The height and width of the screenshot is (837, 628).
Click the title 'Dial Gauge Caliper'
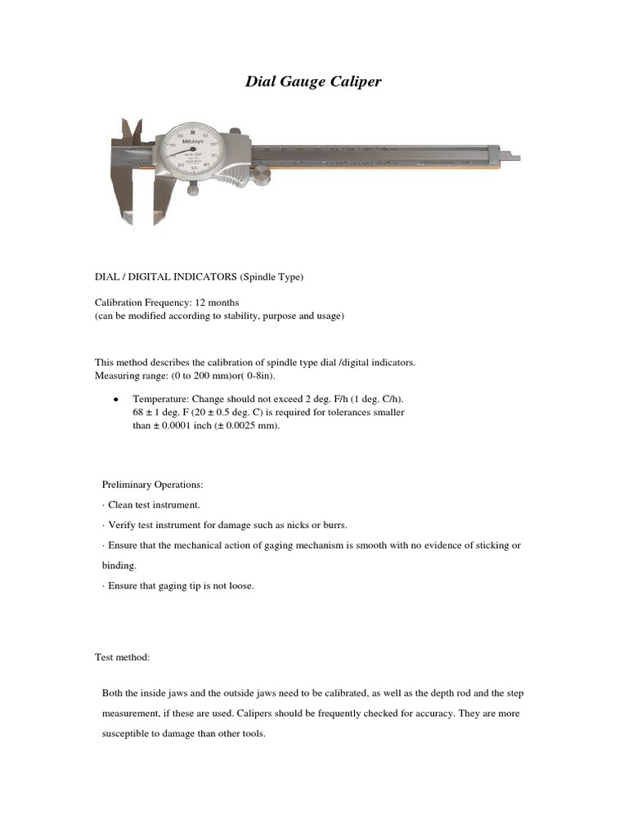(314, 82)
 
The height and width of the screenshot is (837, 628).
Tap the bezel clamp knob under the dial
(193, 189)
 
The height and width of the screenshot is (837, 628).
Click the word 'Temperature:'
(157, 399)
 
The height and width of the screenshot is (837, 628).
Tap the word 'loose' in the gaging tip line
(241, 585)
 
